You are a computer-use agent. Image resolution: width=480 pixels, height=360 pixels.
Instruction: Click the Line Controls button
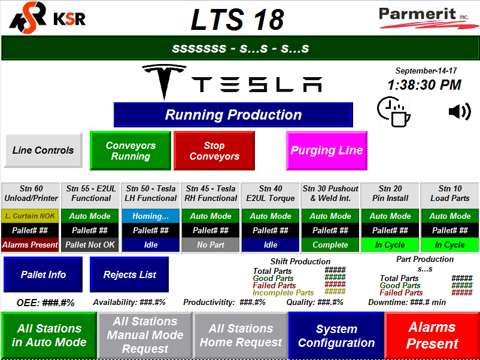43,150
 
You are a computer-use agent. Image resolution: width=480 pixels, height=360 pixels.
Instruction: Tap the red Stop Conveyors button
214,151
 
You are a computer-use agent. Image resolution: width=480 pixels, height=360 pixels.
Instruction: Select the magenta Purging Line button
326,151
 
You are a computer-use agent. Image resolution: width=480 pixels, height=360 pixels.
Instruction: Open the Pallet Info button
43,274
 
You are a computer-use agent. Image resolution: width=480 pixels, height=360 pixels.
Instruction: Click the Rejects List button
129,274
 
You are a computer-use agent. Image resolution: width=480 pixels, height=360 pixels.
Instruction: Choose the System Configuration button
336,335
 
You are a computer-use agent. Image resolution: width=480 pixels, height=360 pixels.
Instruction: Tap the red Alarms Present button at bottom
432,335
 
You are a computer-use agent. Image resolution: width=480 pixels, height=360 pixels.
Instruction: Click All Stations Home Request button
241,335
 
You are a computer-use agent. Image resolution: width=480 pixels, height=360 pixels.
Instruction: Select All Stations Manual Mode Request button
145,335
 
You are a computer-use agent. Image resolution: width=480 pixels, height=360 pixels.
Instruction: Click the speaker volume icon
459,111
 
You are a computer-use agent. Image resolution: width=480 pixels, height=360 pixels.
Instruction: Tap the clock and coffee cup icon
393,111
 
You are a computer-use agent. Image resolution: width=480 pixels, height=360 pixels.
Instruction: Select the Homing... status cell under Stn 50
151,216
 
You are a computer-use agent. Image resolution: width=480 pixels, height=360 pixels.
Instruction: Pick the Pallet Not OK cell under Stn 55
91,245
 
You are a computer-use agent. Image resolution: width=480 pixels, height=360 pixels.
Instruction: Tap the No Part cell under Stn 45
211,245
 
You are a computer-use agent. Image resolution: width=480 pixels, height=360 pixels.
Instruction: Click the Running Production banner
233,115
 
